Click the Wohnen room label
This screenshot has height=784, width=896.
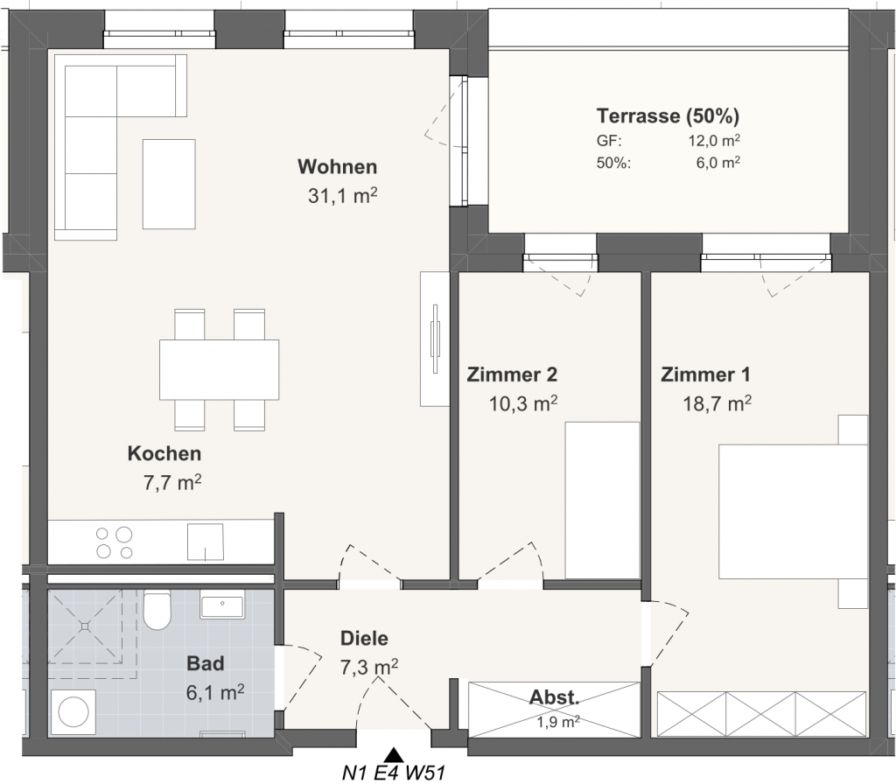[x=337, y=167]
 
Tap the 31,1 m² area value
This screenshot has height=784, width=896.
[x=342, y=195]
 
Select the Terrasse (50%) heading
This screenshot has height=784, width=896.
[x=668, y=116]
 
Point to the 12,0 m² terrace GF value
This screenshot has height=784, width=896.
[x=714, y=141]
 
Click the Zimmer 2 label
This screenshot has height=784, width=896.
[x=512, y=374]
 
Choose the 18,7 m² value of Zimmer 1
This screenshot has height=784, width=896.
[x=717, y=403]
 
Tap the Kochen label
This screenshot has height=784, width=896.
[x=164, y=454]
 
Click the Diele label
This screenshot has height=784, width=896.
[x=364, y=638]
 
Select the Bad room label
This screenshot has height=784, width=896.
[x=205, y=664]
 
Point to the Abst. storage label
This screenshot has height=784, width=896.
[x=554, y=697]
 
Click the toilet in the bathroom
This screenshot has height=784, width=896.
[x=157, y=610]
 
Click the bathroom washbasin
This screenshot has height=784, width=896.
[x=222, y=605]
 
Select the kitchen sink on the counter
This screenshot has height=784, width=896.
[x=205, y=542]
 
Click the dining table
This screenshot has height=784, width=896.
[x=220, y=370]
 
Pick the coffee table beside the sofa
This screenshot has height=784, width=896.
[x=169, y=184]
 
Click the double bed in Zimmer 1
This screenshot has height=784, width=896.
[x=793, y=511]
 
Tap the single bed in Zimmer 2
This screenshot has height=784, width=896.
[x=602, y=500]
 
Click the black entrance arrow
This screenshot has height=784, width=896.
[x=393, y=754]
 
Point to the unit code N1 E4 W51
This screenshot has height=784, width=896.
[x=393, y=773]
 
